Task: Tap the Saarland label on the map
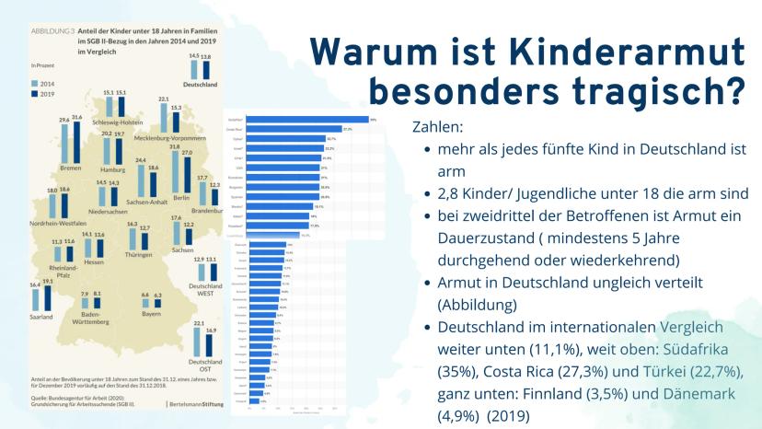pos(42,317)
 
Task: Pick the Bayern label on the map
pos(151,315)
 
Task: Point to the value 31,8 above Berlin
pos(175,146)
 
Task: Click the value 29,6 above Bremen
pos(64,120)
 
